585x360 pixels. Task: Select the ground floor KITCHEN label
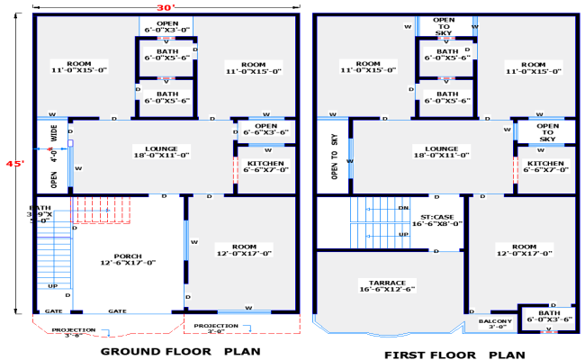click(x=265, y=166)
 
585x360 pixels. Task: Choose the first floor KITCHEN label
click(x=546, y=166)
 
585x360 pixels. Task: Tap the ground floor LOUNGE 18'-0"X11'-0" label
click(x=161, y=151)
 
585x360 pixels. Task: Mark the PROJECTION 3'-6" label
click(x=73, y=332)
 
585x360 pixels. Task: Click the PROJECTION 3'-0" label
click(x=217, y=328)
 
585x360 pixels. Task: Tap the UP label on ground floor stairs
click(x=52, y=286)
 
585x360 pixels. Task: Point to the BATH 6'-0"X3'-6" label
click(x=549, y=316)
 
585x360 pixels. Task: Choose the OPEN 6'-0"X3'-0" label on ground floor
click(x=166, y=26)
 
